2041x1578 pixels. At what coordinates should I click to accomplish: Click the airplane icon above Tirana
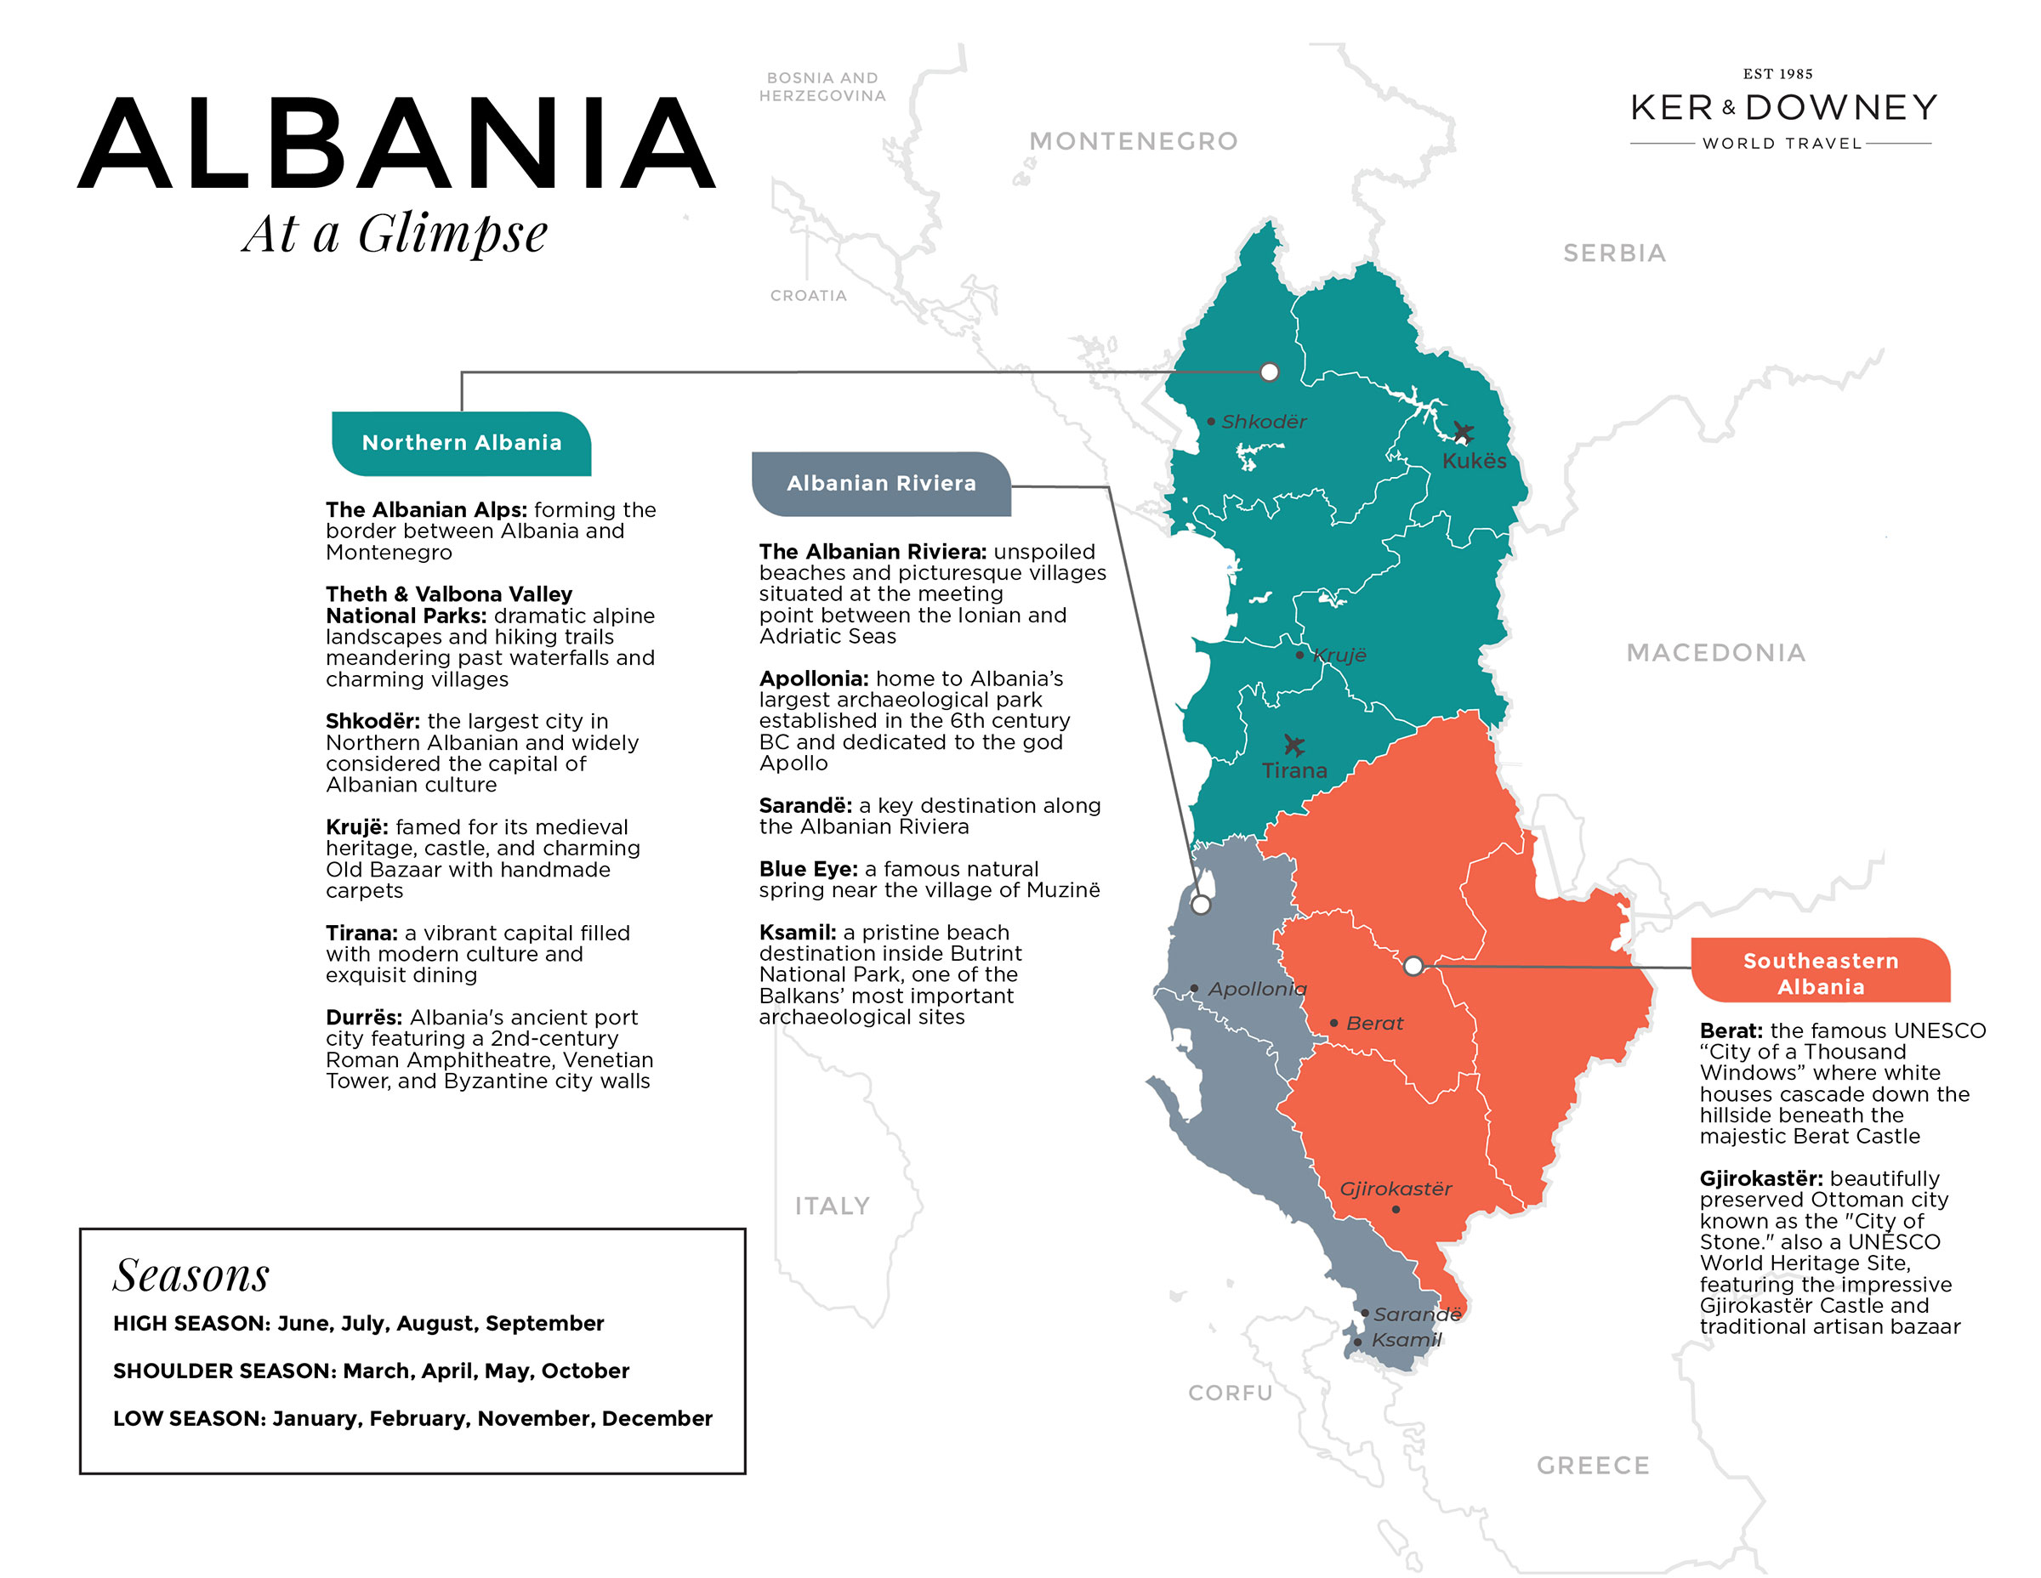(x=1293, y=745)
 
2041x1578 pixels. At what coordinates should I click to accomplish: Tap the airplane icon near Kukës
(x=1463, y=433)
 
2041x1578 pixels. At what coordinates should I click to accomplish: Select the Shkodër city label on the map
(x=1264, y=422)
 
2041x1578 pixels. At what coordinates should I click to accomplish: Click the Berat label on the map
(x=1373, y=1023)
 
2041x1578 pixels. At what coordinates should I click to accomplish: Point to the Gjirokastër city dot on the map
(x=1396, y=1209)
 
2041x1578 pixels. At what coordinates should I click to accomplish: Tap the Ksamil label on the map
(x=1406, y=1340)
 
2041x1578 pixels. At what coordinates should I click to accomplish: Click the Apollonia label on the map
(x=1257, y=989)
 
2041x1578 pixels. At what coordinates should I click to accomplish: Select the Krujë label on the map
(x=1339, y=655)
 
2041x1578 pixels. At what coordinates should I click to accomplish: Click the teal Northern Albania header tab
(x=462, y=443)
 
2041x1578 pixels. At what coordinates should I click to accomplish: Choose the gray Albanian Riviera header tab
(x=880, y=483)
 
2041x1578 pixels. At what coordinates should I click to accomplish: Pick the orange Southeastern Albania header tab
(x=1820, y=973)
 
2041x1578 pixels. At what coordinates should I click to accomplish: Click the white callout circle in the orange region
(x=1413, y=965)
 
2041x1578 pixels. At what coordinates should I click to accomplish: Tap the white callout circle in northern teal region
(x=1269, y=372)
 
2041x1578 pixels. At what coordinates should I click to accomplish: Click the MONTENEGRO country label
(x=1133, y=141)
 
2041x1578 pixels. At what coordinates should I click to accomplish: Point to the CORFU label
(x=1230, y=1392)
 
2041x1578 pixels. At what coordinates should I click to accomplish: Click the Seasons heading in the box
(x=190, y=1274)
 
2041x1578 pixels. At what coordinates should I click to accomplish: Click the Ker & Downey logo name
(x=1783, y=107)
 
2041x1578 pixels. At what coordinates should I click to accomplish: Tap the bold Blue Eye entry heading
(x=807, y=869)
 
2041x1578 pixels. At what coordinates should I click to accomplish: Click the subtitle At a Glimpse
(x=395, y=234)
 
